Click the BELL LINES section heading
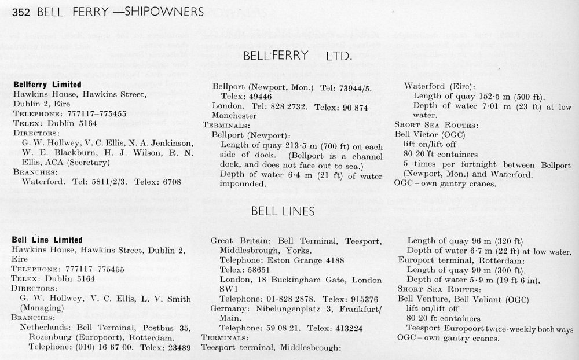pyautogui.click(x=283, y=212)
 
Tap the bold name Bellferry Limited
pyautogui.click(x=47, y=85)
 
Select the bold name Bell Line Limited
pyautogui.click(x=47, y=240)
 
